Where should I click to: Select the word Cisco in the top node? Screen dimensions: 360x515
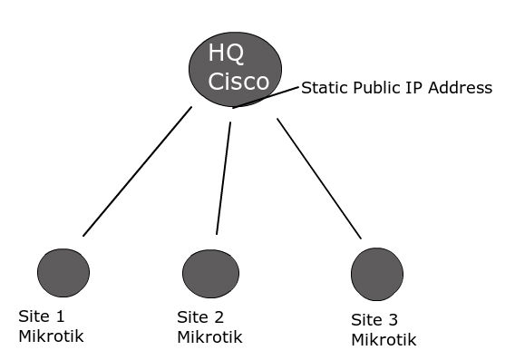click(x=238, y=81)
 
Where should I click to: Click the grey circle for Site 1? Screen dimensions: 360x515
click(x=63, y=272)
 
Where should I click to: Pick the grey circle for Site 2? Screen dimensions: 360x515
click(x=210, y=273)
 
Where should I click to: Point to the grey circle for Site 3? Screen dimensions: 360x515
click(x=376, y=273)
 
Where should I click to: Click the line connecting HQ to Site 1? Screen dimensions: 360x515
click(x=137, y=171)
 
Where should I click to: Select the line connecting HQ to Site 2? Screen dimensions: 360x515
click(x=223, y=179)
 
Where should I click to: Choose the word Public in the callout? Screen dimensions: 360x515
click(x=371, y=88)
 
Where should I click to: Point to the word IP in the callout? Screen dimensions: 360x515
click(x=409, y=88)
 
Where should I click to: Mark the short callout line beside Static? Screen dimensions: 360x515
click(x=266, y=97)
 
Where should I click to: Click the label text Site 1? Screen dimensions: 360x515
click(x=43, y=317)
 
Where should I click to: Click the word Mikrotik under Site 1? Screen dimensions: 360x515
click(x=52, y=337)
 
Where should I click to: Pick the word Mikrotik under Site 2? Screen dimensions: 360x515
click(x=210, y=337)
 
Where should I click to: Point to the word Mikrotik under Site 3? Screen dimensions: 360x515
click(x=384, y=340)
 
